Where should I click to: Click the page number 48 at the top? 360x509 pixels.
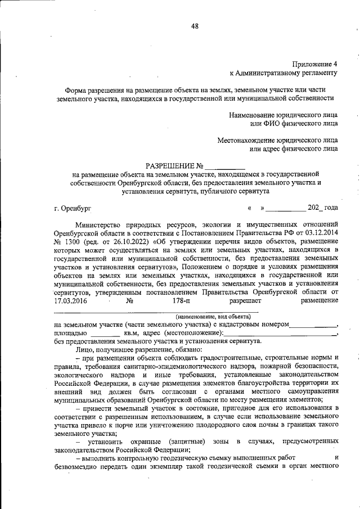[195, 26]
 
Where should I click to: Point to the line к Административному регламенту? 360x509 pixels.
[283, 73]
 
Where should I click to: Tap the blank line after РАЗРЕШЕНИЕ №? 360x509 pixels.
[225, 167]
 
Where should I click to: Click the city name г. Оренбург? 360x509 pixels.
[73, 208]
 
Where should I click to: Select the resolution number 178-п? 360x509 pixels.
[176, 300]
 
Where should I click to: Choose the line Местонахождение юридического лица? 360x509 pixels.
[277, 140]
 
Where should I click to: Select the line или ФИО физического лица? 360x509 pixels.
[294, 122]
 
